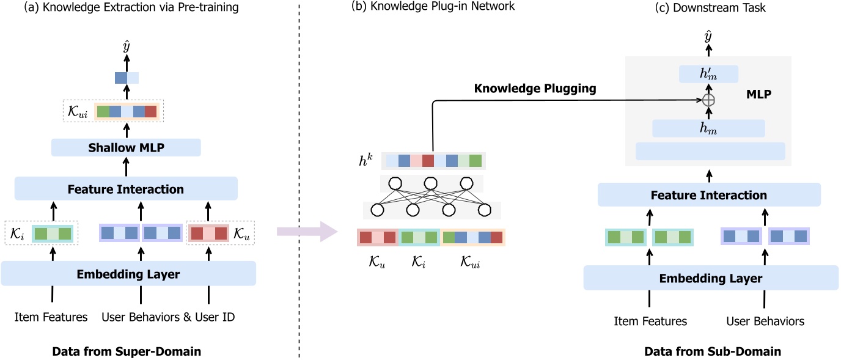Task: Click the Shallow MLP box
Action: pyautogui.click(x=126, y=147)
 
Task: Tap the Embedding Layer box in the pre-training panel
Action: pyautogui.click(x=128, y=274)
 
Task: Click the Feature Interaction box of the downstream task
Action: pyautogui.click(x=708, y=196)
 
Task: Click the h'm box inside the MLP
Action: pyautogui.click(x=709, y=75)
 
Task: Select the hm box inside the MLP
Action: pyautogui.click(x=709, y=128)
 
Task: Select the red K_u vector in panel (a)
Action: pyautogui.click(x=207, y=233)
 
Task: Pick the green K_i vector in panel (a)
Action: pyautogui.click(x=52, y=233)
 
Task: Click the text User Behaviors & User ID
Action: pyautogui.click(x=168, y=317)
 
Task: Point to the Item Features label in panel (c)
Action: pyautogui.click(x=650, y=321)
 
